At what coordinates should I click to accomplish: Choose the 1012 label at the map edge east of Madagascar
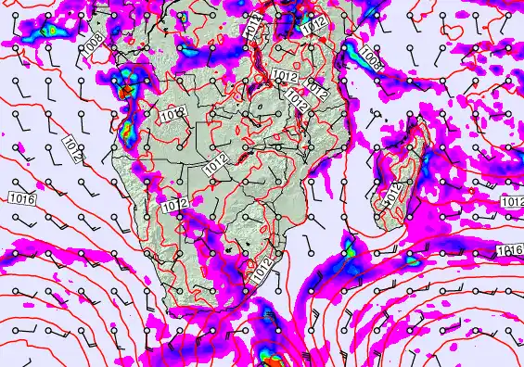pos(512,202)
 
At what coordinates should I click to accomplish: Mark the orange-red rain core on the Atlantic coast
pos(124,91)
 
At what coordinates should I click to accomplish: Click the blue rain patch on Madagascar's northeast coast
pos(413,139)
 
